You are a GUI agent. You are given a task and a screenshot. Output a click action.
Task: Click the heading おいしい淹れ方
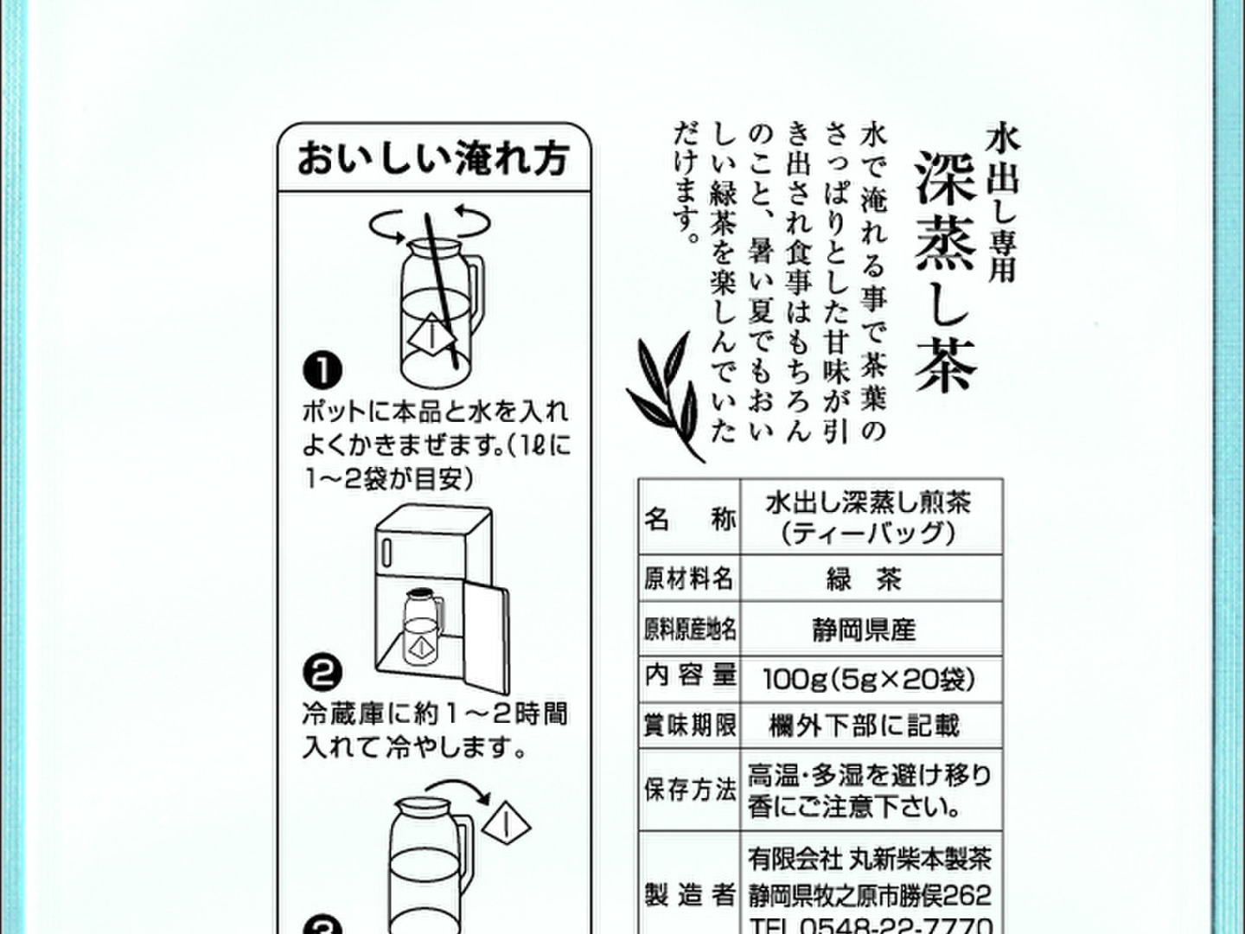coord(433,159)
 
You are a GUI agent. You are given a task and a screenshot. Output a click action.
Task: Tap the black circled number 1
coord(322,371)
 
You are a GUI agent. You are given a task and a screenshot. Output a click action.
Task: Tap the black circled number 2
coord(322,672)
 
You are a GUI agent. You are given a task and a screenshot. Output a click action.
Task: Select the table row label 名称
coord(690,519)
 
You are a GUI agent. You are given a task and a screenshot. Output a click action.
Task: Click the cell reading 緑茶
coord(864,579)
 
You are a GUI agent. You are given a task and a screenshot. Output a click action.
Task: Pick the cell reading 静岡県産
coord(864,630)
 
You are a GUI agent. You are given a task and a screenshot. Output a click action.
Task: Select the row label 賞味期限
coord(690,726)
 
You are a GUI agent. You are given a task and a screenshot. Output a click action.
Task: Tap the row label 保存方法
coord(690,790)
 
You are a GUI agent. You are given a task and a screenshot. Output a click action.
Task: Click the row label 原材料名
coord(690,579)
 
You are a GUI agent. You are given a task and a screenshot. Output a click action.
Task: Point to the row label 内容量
coord(690,675)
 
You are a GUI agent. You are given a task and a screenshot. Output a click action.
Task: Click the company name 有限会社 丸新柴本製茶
coord(870,859)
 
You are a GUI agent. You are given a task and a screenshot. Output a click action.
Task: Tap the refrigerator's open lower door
coord(487,638)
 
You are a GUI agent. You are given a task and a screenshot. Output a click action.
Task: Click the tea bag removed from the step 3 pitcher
coord(507,825)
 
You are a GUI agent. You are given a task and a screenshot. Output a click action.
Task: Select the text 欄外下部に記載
coord(864,726)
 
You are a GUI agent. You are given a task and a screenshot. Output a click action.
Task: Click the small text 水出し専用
coord(1002,203)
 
